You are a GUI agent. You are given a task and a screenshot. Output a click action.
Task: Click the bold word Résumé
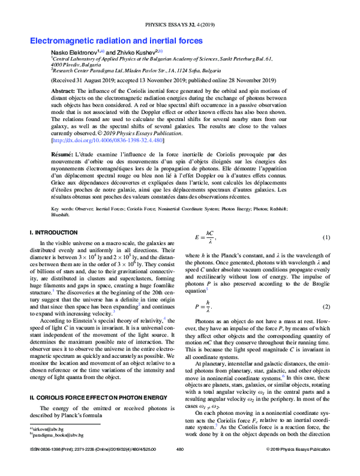tap(64, 155)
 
